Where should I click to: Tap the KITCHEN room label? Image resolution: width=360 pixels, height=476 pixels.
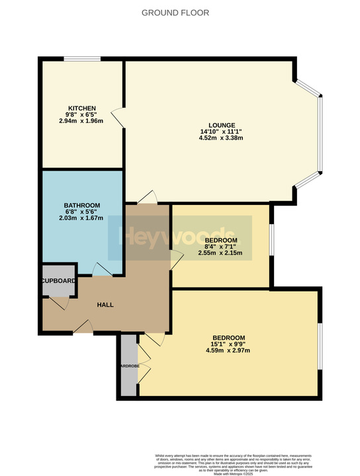pos(82,108)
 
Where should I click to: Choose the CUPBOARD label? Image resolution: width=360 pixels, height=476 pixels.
pos(59,281)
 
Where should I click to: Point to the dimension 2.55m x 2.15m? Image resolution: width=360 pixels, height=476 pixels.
pos(220,253)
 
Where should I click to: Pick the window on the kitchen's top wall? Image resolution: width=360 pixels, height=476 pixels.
pos(82,59)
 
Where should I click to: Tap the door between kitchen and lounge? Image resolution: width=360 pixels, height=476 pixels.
pos(117,117)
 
